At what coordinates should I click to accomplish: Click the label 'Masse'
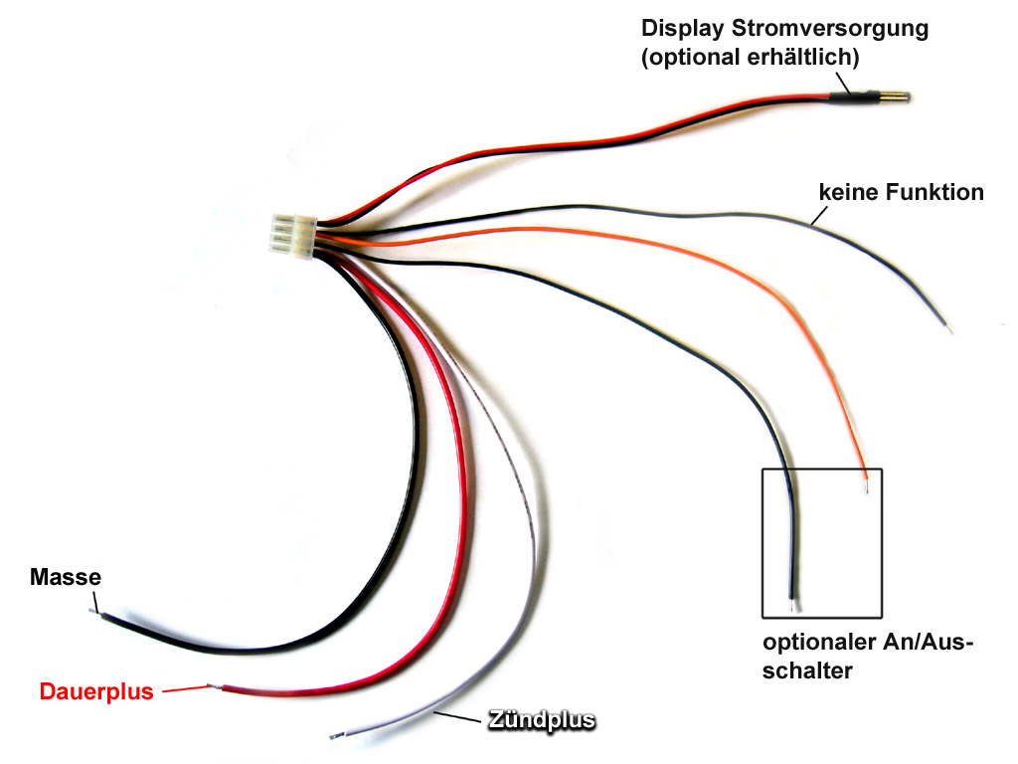(x=66, y=577)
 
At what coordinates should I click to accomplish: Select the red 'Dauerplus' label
(x=96, y=691)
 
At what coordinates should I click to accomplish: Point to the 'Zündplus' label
(x=541, y=719)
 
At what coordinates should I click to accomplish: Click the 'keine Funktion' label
(x=901, y=191)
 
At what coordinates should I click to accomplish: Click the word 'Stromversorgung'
(x=833, y=29)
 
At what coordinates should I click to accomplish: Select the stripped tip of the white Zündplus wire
(x=335, y=735)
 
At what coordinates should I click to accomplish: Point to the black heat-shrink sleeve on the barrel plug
(x=842, y=96)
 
